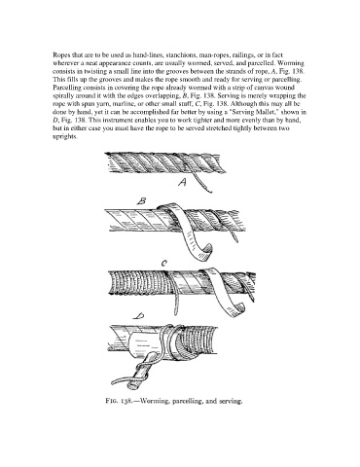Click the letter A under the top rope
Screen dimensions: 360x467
183,183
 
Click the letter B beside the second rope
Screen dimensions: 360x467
141,201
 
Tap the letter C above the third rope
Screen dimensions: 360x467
164,264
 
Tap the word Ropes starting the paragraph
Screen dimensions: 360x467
60,55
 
